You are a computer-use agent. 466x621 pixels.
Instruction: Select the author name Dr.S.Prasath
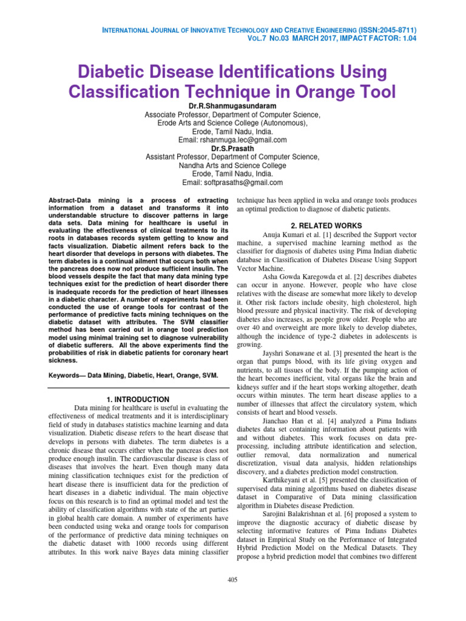point(232,148)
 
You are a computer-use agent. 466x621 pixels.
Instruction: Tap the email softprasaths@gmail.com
point(244,182)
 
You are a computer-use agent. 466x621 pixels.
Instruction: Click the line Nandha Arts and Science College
point(232,165)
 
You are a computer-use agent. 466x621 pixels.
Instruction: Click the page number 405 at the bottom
point(232,580)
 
